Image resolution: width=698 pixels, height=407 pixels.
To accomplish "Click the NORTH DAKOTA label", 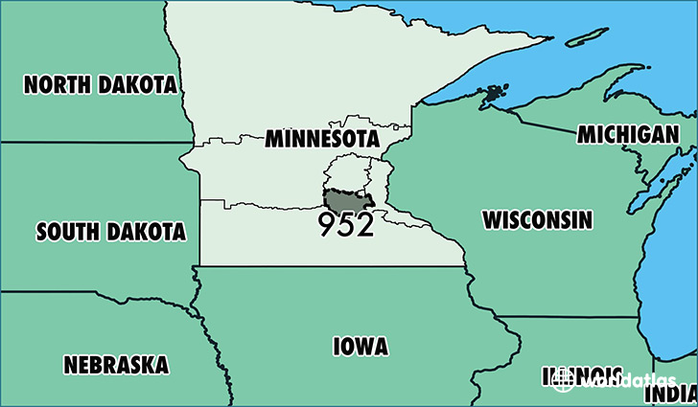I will click(101, 85).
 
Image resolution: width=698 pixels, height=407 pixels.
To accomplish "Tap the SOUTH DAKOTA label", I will click(110, 231).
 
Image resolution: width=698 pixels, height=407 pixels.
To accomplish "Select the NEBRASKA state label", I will click(116, 364).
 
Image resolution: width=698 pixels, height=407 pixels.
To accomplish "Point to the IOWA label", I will click(361, 347).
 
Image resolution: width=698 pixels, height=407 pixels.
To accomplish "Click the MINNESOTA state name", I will click(320, 139).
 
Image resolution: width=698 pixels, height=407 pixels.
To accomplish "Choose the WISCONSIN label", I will click(537, 219).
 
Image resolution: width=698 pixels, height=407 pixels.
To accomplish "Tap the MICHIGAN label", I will click(627, 135).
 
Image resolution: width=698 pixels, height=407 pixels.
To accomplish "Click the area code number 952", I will click(347, 225).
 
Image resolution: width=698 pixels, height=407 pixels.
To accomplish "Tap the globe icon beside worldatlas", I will click(564, 379).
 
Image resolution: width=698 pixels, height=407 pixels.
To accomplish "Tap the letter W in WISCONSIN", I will click(492, 219).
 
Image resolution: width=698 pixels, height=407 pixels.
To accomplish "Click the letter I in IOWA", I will click(336, 347).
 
